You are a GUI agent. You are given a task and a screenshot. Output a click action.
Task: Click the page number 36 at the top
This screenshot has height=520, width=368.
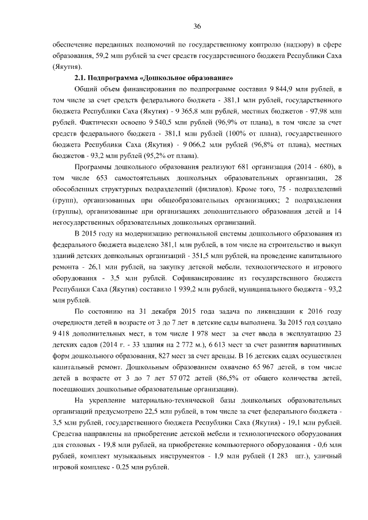197,27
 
